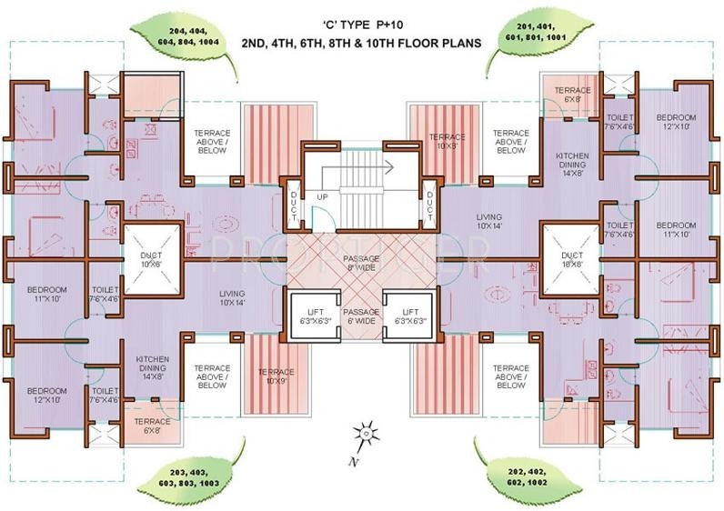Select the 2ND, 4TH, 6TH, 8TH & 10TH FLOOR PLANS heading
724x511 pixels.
click(x=362, y=43)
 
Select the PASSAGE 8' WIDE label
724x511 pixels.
click(x=362, y=265)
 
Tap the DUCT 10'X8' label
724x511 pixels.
click(x=150, y=261)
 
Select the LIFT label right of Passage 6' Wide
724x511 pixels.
click(x=409, y=316)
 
